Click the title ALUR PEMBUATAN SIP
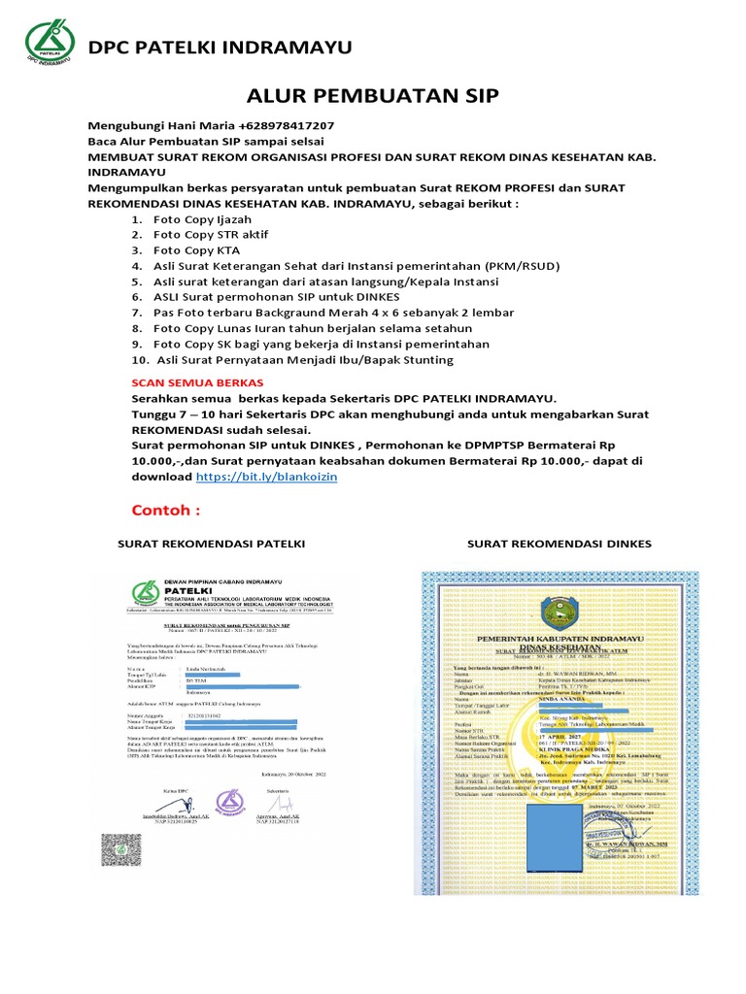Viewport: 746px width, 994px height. [x=373, y=94]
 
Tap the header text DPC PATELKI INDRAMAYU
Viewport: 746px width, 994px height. [x=220, y=48]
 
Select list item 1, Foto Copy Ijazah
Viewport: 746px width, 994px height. [x=197, y=220]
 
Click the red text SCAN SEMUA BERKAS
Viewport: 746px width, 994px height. [x=189, y=383]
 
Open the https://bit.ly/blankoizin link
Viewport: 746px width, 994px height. [x=266, y=478]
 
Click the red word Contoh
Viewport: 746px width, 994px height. [x=166, y=511]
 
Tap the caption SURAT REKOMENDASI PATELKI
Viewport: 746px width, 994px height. [x=211, y=544]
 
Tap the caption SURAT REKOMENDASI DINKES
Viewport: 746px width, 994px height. [x=559, y=544]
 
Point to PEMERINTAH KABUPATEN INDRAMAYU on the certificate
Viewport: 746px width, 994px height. [x=562, y=637]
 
